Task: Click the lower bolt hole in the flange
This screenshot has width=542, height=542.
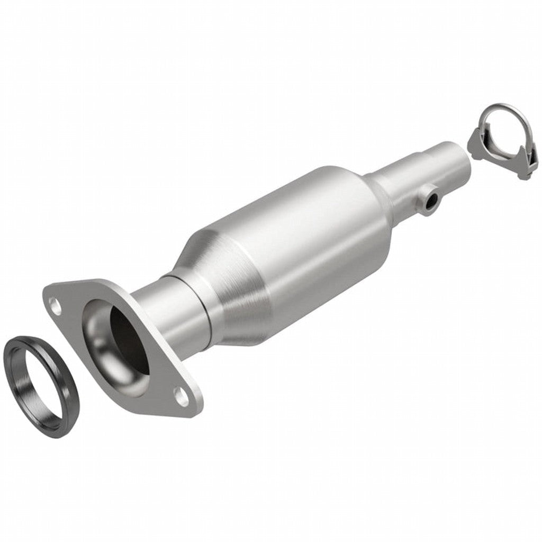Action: tap(182, 397)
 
